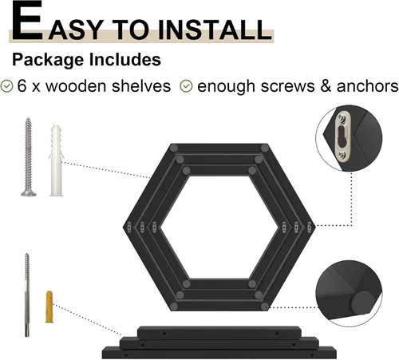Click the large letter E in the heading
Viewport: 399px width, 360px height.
(27, 21)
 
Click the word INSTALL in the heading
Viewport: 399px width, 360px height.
(215, 30)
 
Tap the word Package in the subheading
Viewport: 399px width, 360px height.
(48, 60)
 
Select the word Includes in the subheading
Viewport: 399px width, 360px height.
(125, 59)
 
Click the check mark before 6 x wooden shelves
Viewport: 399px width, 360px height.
(6, 86)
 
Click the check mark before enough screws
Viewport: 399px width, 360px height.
(186, 86)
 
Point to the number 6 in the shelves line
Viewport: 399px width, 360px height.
(22, 86)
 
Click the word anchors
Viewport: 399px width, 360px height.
(367, 86)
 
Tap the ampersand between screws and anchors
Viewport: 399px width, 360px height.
(326, 86)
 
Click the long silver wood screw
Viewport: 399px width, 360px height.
(28, 157)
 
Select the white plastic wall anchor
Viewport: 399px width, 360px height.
(57, 160)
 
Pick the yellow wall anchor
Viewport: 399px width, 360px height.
(49, 307)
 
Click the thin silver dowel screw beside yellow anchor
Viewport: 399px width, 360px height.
(27, 295)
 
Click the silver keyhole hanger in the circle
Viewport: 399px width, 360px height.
(343, 136)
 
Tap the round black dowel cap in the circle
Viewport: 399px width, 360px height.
(361, 303)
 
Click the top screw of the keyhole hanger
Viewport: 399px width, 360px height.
(342, 118)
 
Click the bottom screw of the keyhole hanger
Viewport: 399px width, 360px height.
(343, 155)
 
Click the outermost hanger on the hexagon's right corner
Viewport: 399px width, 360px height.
(309, 227)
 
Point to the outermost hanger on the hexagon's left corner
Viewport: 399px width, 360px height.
(129, 227)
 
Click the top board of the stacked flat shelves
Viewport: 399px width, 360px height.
(219, 332)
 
